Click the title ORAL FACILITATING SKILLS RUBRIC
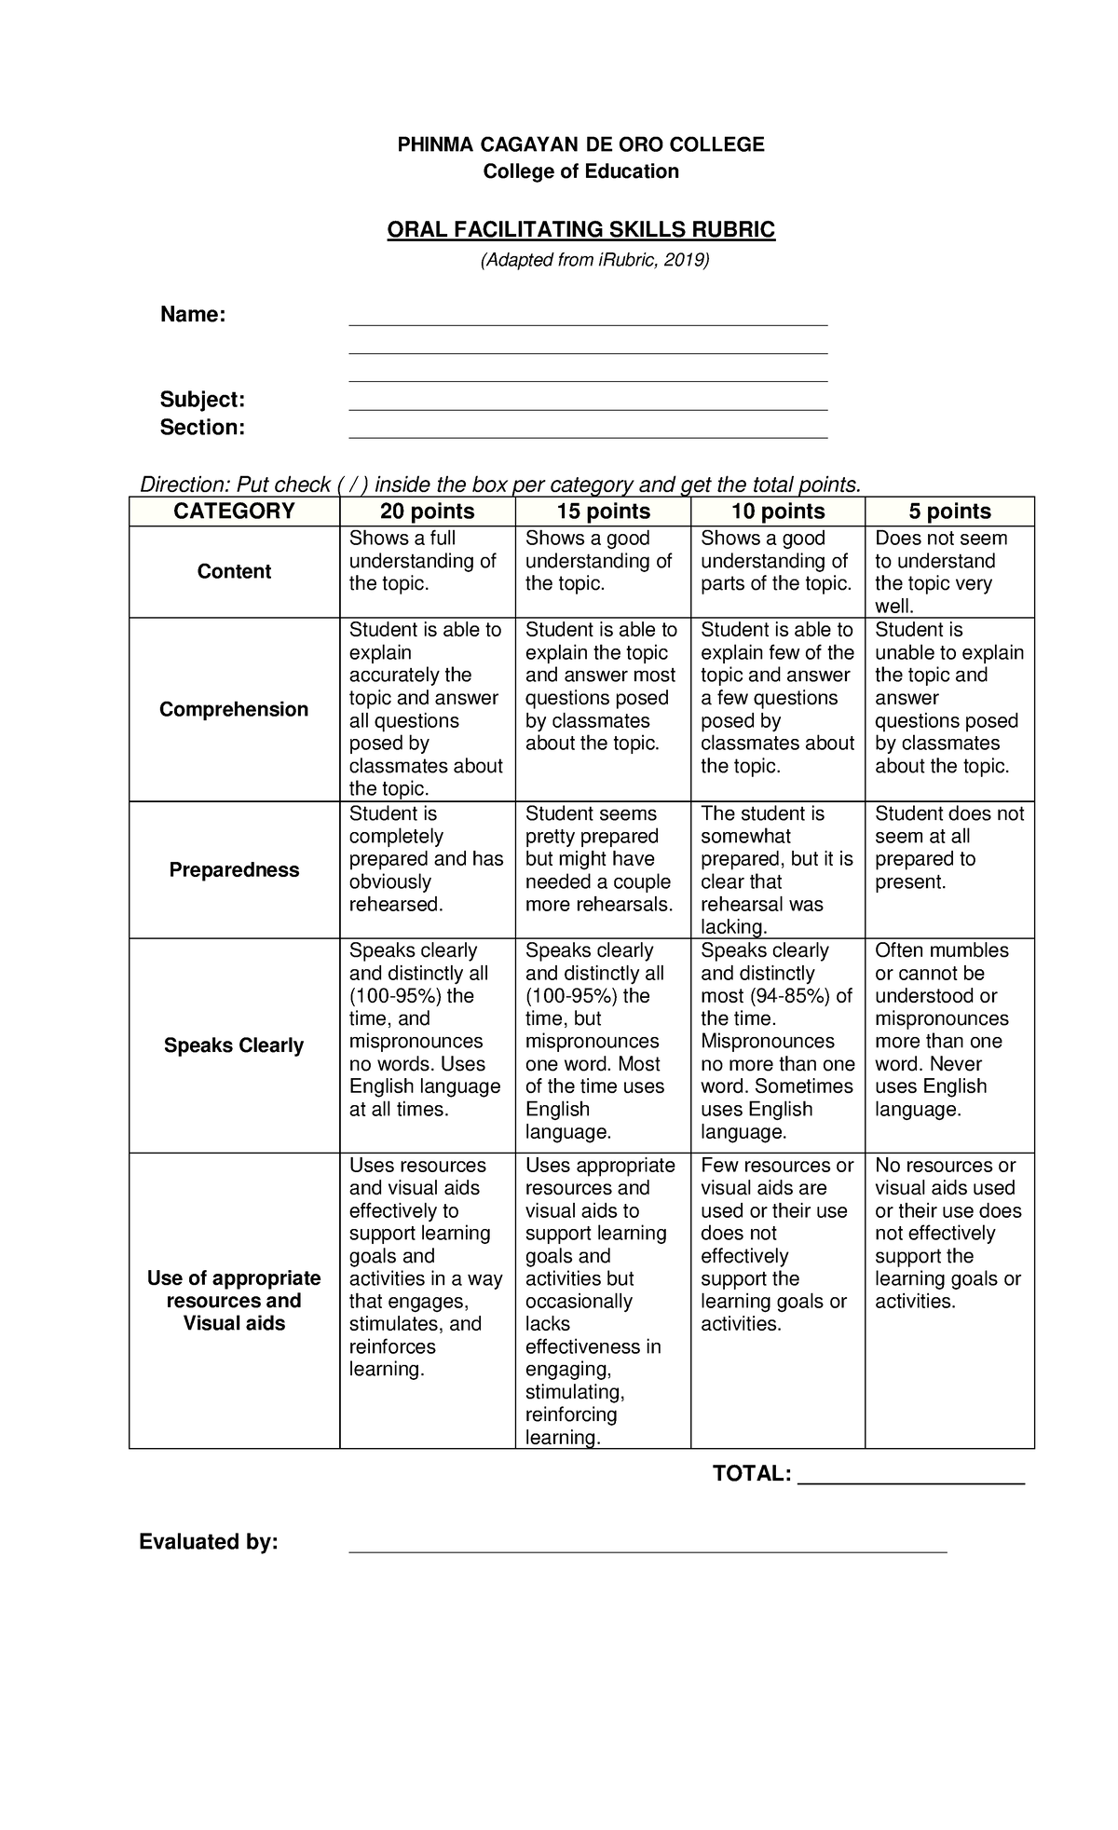point(580,229)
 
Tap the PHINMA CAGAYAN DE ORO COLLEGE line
point(580,144)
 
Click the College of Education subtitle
point(580,171)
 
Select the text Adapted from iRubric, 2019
point(594,260)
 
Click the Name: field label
point(193,315)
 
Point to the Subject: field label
point(202,400)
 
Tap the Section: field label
point(202,428)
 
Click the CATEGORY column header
point(234,511)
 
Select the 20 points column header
point(427,512)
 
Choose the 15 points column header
point(603,512)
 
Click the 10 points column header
point(778,512)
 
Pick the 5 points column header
point(949,512)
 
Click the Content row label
point(234,571)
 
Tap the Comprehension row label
point(234,709)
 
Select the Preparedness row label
point(234,869)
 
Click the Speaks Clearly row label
point(234,1045)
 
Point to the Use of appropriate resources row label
point(234,1300)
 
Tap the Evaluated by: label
point(209,1542)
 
